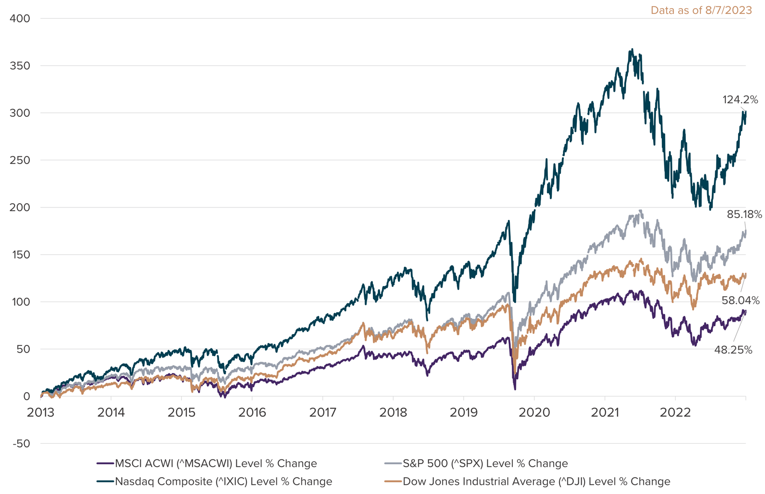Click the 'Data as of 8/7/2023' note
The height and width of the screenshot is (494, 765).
pos(701,10)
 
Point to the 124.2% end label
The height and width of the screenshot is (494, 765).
pos(740,100)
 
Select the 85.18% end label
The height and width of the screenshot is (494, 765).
pos(744,214)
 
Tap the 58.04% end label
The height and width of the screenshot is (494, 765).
pos(740,301)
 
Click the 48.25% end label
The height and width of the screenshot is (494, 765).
pos(733,350)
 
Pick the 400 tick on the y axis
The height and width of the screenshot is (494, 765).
pos(20,18)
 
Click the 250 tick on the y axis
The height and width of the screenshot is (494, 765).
pos(20,160)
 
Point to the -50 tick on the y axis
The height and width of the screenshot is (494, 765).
pos(20,444)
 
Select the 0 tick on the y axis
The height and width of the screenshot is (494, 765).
pos(26,397)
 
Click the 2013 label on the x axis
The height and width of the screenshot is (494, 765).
pos(41,413)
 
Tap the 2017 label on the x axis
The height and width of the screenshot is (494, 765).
pos(323,413)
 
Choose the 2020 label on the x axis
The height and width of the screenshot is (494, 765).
pos(534,413)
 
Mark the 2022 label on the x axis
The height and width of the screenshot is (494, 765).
pos(675,413)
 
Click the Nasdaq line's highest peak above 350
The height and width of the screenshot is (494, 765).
pos(632,49)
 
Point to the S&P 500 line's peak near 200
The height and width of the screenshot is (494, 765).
pos(641,210)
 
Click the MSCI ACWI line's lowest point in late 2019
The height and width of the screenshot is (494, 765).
pos(515,389)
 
